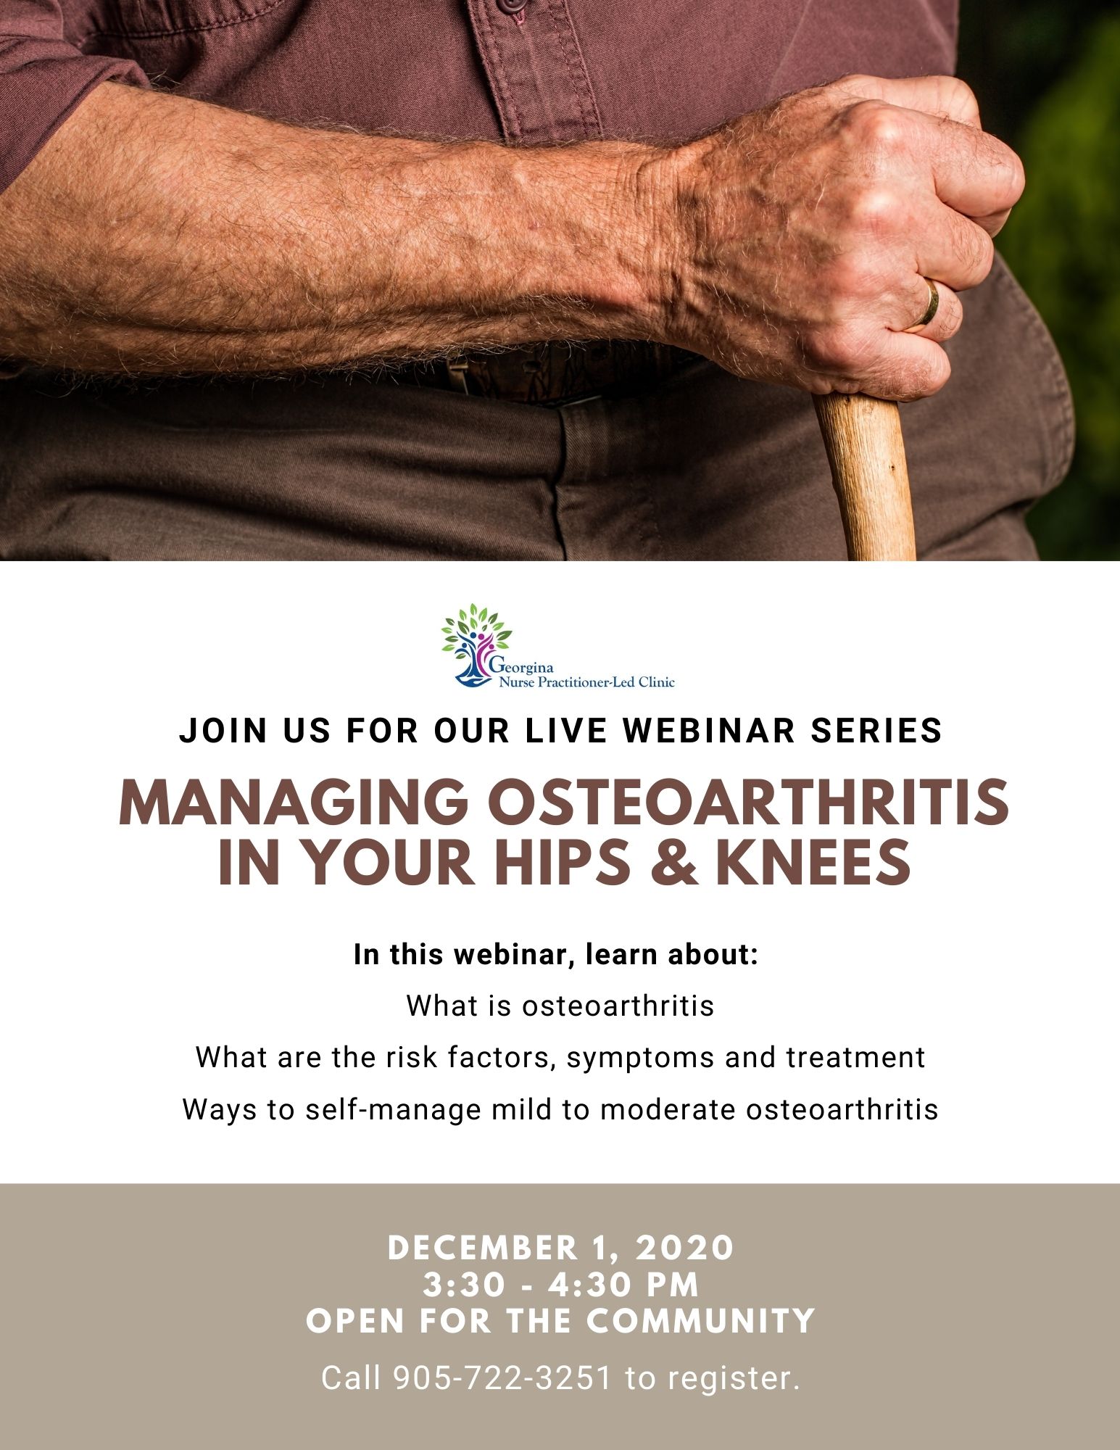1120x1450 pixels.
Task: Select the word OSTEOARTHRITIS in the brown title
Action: (x=737, y=803)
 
